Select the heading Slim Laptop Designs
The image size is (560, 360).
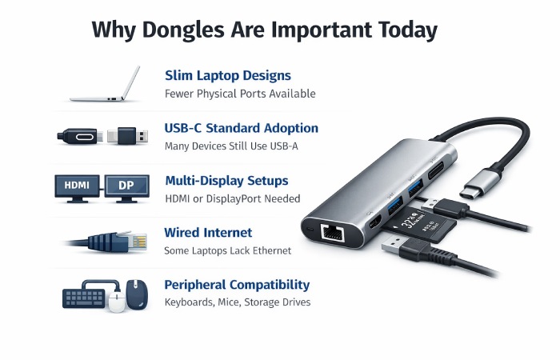pos(227,76)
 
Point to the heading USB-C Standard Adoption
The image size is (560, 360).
pos(241,128)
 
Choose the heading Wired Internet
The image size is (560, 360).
pos(208,233)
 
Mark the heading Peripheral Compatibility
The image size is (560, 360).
pos(237,285)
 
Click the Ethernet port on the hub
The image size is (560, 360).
pos(329,232)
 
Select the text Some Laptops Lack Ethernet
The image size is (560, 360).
pos(227,251)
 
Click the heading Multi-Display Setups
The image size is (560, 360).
pos(226,181)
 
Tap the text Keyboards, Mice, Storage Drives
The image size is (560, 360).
pos(237,302)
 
